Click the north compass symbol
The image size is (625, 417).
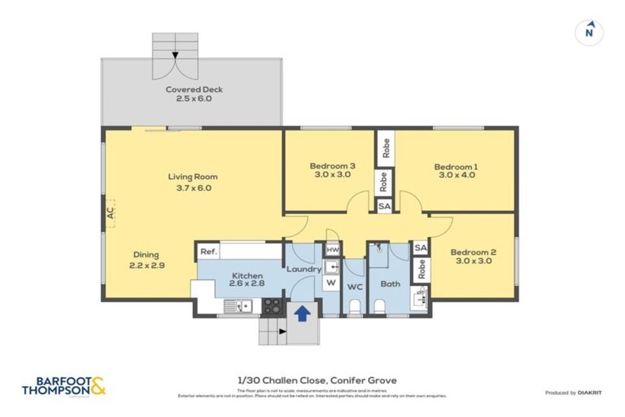pyautogui.click(x=589, y=32)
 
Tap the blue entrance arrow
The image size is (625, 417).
pyautogui.click(x=301, y=311)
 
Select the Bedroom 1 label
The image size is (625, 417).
pyautogui.click(x=458, y=172)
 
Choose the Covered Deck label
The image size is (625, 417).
pyautogui.click(x=194, y=94)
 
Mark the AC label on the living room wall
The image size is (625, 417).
pyautogui.click(x=108, y=214)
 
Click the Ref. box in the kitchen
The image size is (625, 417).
pyautogui.click(x=208, y=252)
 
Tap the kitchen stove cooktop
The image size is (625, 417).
pyautogui.click(x=271, y=307)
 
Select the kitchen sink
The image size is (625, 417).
pyautogui.click(x=239, y=307)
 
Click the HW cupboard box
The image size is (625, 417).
pyautogui.click(x=332, y=250)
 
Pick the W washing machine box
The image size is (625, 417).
pyautogui.click(x=331, y=283)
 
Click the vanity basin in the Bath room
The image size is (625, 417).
pyautogui.click(x=421, y=299)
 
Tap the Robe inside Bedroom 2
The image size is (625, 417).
pyautogui.click(x=422, y=268)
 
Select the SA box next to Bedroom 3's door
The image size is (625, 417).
pyautogui.click(x=384, y=207)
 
